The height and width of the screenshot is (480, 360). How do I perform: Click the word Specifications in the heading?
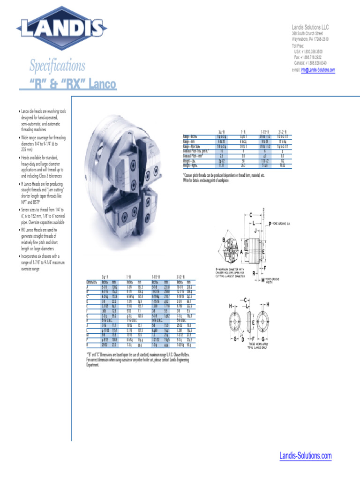(57, 66)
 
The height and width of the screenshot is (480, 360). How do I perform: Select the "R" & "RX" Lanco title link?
(73, 84)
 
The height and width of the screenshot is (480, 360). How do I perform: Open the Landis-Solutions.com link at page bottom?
(305, 456)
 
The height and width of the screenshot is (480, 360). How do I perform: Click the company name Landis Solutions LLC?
(313, 28)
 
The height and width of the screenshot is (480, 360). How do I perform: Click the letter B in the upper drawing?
(224, 240)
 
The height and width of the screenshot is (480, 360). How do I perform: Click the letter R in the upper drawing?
(254, 273)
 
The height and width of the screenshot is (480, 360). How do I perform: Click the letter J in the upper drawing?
(255, 231)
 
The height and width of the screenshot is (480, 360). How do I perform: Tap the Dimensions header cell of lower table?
(92, 282)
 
